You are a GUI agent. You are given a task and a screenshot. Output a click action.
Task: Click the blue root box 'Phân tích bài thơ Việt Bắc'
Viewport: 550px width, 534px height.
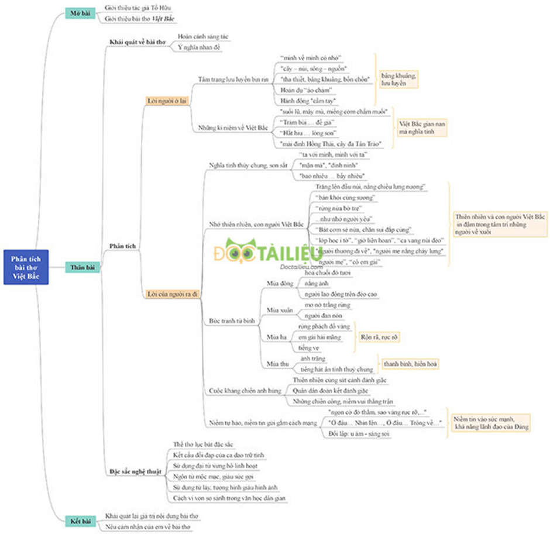(x=26, y=267)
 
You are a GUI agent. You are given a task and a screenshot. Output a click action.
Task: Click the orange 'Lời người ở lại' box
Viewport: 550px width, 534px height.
(x=167, y=100)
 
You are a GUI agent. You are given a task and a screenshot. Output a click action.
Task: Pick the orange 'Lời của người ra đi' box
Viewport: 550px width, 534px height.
(x=172, y=294)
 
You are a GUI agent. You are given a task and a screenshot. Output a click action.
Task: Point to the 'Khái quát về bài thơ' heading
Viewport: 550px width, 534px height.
(x=137, y=42)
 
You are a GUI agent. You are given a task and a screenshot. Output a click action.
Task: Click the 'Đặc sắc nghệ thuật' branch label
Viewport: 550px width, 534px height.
(x=136, y=471)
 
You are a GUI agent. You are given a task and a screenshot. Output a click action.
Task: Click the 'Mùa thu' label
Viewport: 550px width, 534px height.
(x=278, y=364)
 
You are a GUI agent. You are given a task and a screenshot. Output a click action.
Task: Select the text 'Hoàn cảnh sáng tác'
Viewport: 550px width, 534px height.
(x=202, y=36)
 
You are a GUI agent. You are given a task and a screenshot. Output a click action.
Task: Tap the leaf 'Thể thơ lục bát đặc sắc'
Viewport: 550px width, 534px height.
(x=204, y=445)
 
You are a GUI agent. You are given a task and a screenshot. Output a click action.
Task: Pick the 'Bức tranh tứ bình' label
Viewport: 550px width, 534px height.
(x=232, y=322)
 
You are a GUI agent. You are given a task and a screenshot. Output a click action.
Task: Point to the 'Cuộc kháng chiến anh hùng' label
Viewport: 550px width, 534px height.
(x=245, y=390)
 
